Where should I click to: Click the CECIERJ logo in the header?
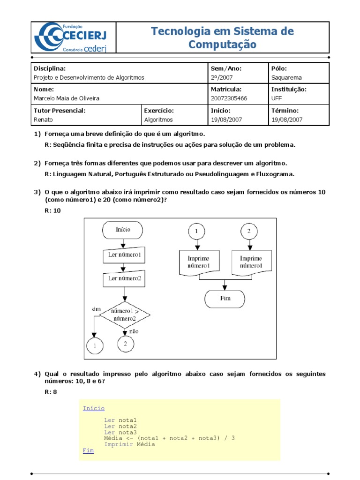tap(74, 38)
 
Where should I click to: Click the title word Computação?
tap(223, 45)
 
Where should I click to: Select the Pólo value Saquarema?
tap(286, 77)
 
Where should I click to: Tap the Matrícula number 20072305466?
tap(229, 98)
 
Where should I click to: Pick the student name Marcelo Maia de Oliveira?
tap(67, 98)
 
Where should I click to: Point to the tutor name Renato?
tap(44, 120)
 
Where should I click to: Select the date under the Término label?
tap(287, 120)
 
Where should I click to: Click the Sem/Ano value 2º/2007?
tap(222, 77)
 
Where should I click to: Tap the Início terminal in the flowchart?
tap(123, 230)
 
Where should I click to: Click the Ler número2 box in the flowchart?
tap(124, 278)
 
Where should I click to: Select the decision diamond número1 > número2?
tap(124, 315)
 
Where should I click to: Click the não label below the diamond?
tap(134, 331)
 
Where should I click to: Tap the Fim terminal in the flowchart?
tap(225, 298)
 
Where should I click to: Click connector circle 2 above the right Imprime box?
tap(249, 232)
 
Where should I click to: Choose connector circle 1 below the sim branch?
tap(95, 346)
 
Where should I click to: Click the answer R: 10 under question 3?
tap(52, 210)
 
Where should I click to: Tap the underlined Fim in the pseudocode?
tap(88, 450)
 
